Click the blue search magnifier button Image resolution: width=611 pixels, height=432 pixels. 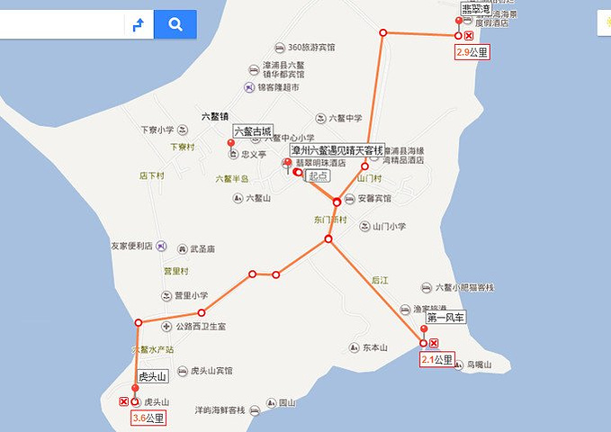click(175, 24)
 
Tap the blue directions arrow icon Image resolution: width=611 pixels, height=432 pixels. click(139, 24)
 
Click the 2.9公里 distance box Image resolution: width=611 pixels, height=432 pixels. click(472, 52)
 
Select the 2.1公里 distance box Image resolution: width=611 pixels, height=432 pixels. click(439, 360)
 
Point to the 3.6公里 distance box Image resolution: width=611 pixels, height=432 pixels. click(148, 418)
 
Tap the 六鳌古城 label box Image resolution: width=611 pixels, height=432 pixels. click(253, 131)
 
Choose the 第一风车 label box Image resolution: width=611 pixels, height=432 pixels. click(445, 318)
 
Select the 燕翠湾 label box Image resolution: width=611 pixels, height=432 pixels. click(475, 9)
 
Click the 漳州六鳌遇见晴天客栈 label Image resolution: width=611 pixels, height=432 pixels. click(337, 149)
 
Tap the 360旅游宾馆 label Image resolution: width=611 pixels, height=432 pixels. click(310, 47)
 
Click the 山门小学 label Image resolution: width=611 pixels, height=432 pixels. click(389, 227)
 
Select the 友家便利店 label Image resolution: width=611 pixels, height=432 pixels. click(132, 245)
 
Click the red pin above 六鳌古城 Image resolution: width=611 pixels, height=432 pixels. click(231, 144)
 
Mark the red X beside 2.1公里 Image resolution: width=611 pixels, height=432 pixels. click(434, 344)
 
